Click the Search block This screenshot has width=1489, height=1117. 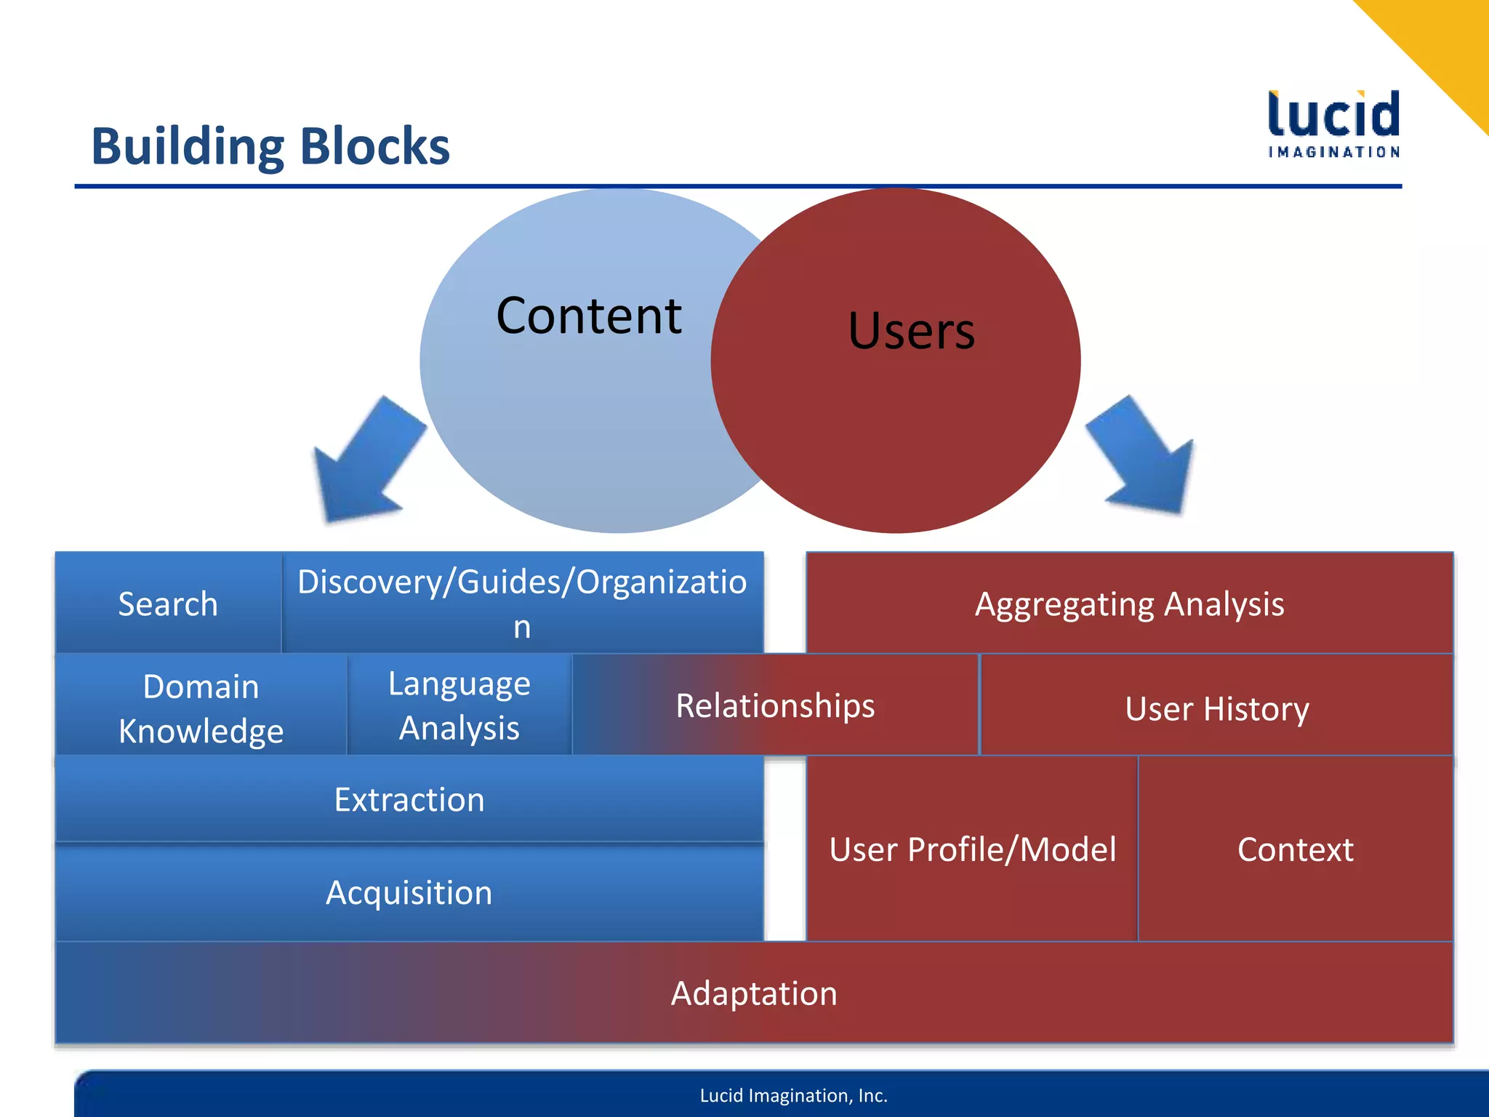pyautogui.click(x=168, y=604)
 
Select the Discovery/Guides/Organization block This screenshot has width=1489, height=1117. pyautogui.click(x=522, y=603)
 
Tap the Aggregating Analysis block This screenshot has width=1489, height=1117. pyautogui.click(x=1129, y=604)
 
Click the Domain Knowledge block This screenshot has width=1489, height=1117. pyautogui.click(x=201, y=708)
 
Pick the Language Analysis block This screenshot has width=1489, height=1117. pyautogui.click(x=459, y=705)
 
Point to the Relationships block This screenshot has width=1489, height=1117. pyautogui.click(x=775, y=705)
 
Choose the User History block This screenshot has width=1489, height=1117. pyautogui.click(x=1216, y=708)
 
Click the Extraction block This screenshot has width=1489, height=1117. pyautogui.click(x=409, y=799)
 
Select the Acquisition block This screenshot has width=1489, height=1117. pyautogui.click(x=409, y=892)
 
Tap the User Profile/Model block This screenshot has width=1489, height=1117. pyautogui.click(x=972, y=849)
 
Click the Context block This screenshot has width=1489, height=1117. pyautogui.click(x=1295, y=849)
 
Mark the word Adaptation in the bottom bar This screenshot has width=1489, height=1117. pyautogui.click(x=754, y=993)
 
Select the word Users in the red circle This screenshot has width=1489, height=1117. pyautogui.click(x=911, y=331)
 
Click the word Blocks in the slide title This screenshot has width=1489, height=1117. pyautogui.click(x=374, y=146)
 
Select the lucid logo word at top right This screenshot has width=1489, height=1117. pyautogui.click(x=1333, y=115)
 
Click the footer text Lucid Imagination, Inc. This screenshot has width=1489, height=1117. pyautogui.click(x=793, y=1095)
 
